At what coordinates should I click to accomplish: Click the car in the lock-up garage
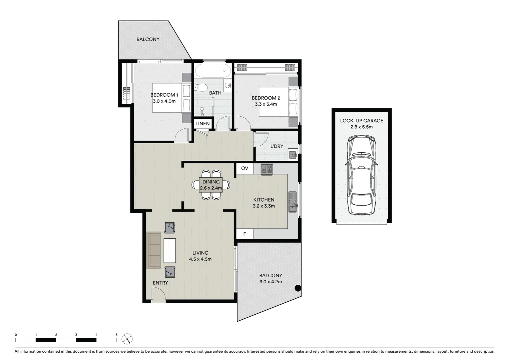[x=362, y=175]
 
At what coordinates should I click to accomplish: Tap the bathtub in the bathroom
[x=213, y=71]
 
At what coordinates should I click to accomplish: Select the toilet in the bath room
[x=200, y=88]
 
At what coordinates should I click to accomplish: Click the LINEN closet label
[x=202, y=124]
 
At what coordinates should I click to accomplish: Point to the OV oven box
[x=244, y=168]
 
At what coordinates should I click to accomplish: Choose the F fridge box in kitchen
[x=244, y=234]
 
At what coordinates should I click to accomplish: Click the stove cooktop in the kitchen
[x=267, y=169]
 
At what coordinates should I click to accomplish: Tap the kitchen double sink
[x=293, y=202]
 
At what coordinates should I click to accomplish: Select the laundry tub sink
[x=293, y=155]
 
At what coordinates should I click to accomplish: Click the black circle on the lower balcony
[x=298, y=288]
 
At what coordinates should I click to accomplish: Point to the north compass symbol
[x=127, y=339]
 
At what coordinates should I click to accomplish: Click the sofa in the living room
[x=154, y=250]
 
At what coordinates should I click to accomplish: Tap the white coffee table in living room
[x=169, y=250]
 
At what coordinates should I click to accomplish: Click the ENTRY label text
[x=160, y=283]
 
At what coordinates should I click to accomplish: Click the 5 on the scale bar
[x=116, y=335]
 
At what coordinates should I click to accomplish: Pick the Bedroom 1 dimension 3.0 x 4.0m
[x=164, y=101]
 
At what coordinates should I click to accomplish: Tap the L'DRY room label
[x=277, y=146]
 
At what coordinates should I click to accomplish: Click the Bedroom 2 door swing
[x=243, y=122]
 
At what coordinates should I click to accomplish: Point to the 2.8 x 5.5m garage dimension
[x=362, y=127]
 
